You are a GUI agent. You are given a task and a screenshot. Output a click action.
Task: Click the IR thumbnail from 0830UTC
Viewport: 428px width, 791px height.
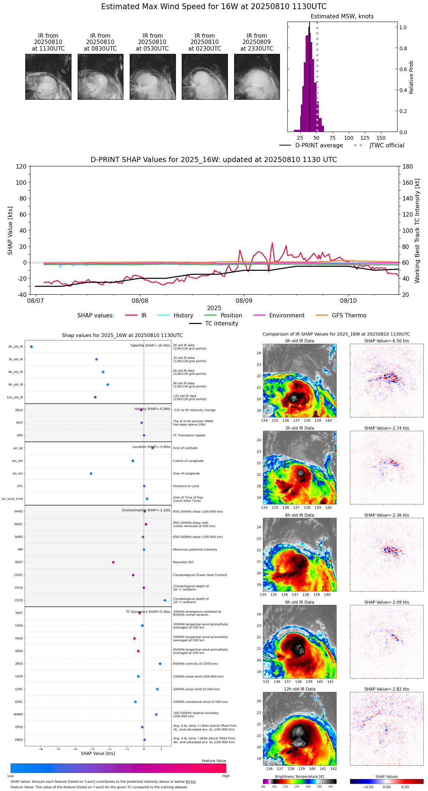[x=100, y=77]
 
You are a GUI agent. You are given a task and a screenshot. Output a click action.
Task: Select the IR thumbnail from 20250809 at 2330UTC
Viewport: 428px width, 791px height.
[x=257, y=77]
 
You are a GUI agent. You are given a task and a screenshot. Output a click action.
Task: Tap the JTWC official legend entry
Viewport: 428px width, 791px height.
[x=387, y=146]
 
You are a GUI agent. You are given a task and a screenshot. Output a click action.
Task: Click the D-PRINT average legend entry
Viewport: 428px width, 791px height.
[x=319, y=146]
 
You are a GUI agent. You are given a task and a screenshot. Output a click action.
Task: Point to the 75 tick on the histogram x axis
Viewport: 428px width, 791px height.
[x=332, y=138]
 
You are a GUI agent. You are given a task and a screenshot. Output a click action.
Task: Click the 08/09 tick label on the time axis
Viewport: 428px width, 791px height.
[x=244, y=301]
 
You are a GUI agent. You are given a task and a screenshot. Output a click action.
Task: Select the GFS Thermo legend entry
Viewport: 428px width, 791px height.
[x=349, y=316]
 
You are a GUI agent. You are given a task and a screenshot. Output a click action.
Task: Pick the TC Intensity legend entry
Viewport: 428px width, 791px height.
[x=221, y=324]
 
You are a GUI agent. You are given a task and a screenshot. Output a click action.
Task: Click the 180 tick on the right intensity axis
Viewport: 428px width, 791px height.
[x=408, y=166]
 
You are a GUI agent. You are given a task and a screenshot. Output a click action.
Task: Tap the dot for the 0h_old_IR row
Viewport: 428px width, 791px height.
[x=32, y=347]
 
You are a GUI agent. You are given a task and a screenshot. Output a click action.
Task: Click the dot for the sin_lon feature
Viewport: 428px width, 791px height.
[x=91, y=474]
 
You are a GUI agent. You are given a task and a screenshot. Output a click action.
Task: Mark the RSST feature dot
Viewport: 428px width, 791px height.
[x=113, y=562]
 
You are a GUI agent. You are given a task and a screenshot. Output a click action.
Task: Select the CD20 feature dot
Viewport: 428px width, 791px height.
[x=165, y=600]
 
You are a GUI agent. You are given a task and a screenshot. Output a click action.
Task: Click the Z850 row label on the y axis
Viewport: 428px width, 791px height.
[x=19, y=664]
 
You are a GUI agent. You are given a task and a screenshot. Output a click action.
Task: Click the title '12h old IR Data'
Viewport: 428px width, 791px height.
[x=299, y=689]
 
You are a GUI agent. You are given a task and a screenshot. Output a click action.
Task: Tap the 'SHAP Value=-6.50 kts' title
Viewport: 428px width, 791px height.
[x=387, y=341]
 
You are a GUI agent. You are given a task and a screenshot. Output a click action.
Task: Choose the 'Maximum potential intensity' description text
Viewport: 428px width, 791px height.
[x=195, y=549]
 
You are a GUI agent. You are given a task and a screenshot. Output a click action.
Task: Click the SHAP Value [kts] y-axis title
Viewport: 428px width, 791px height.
[x=10, y=231]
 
